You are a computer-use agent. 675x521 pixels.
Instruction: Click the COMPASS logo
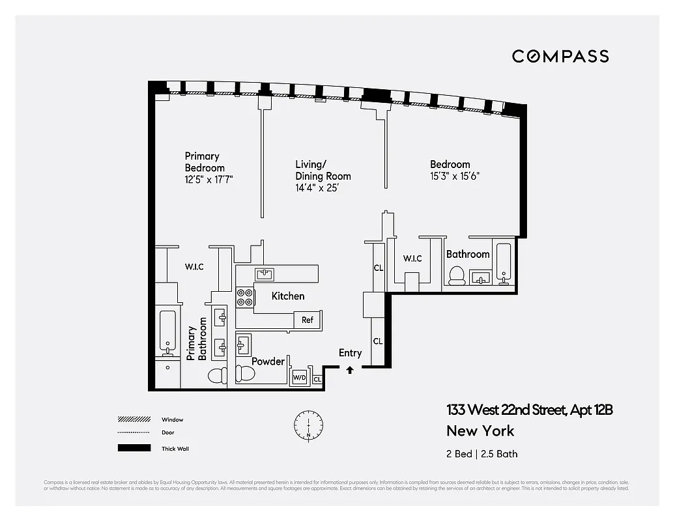coord(560,56)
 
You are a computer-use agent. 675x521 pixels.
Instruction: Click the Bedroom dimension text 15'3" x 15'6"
coord(455,176)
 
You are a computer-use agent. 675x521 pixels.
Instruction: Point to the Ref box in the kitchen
coord(307,320)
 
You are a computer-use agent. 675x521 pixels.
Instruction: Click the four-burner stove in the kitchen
coord(244,297)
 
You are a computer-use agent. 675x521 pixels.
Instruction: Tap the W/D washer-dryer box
coord(299,377)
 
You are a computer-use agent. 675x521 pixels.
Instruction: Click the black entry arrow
coord(350,370)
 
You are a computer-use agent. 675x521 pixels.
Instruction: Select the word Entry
coord(350,353)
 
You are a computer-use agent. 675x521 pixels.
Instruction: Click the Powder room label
coord(268,361)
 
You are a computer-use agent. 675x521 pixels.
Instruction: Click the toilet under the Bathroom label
coord(456,276)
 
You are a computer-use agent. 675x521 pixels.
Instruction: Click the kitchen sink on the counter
coord(264,274)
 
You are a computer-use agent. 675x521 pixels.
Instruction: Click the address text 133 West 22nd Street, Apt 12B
coord(529,410)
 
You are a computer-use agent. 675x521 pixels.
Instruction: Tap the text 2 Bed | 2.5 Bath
coord(481,454)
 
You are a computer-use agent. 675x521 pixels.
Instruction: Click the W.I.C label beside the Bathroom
coord(412,259)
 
